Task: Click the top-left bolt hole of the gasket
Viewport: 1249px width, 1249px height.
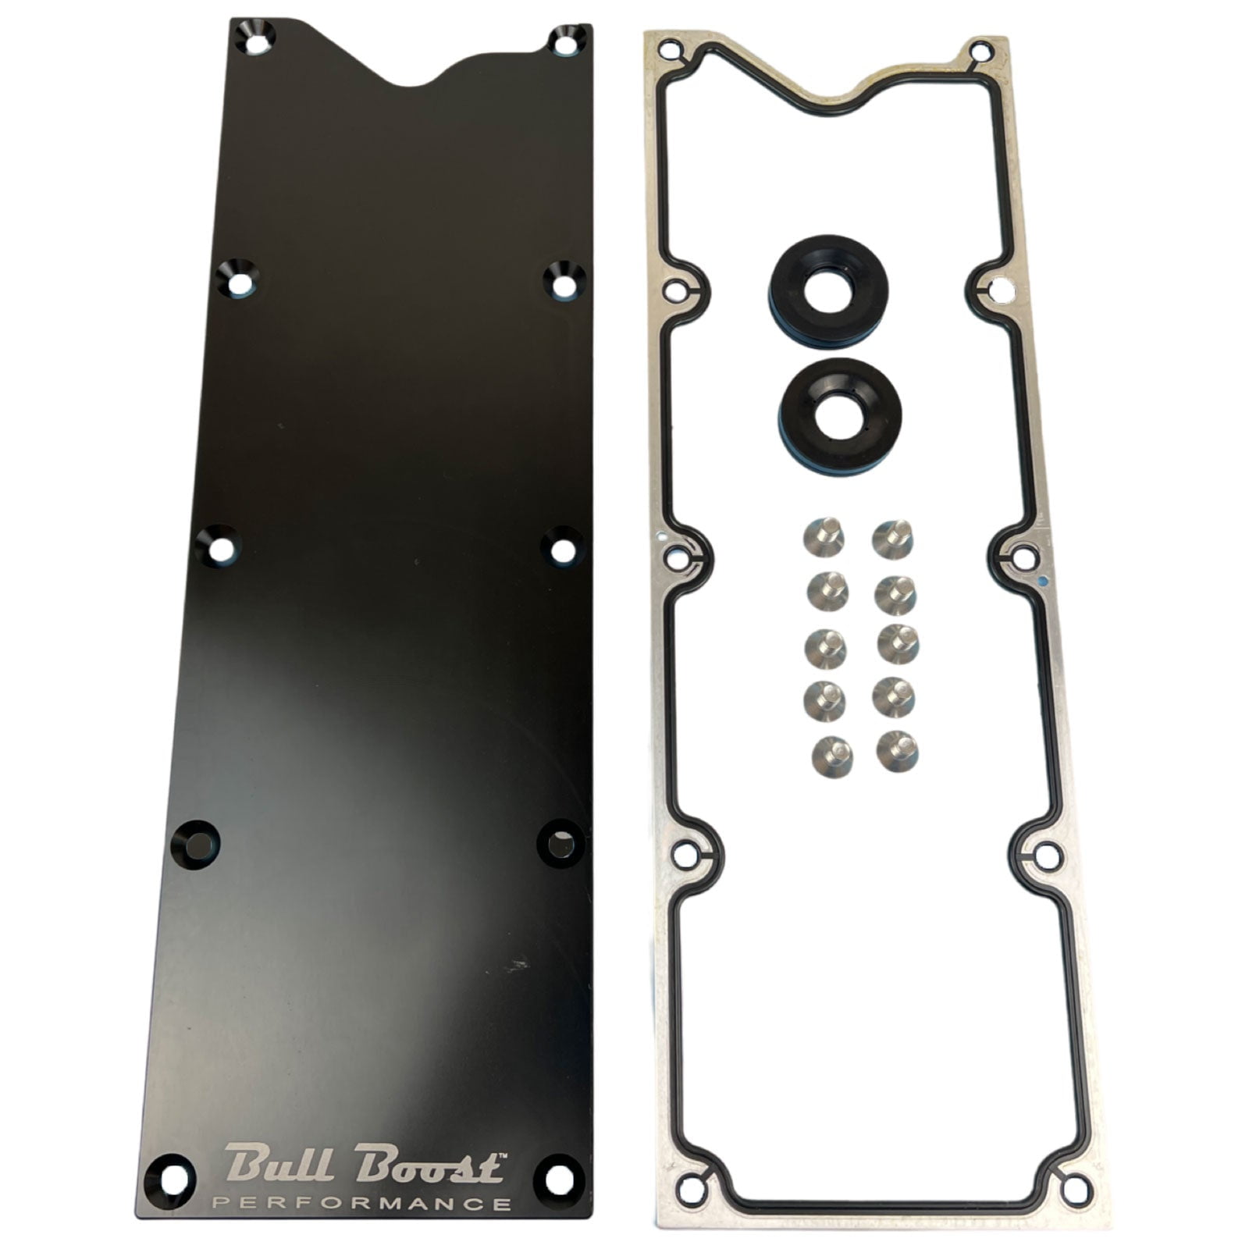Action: [668, 53]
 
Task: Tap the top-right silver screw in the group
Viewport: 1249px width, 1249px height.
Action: [894, 538]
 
